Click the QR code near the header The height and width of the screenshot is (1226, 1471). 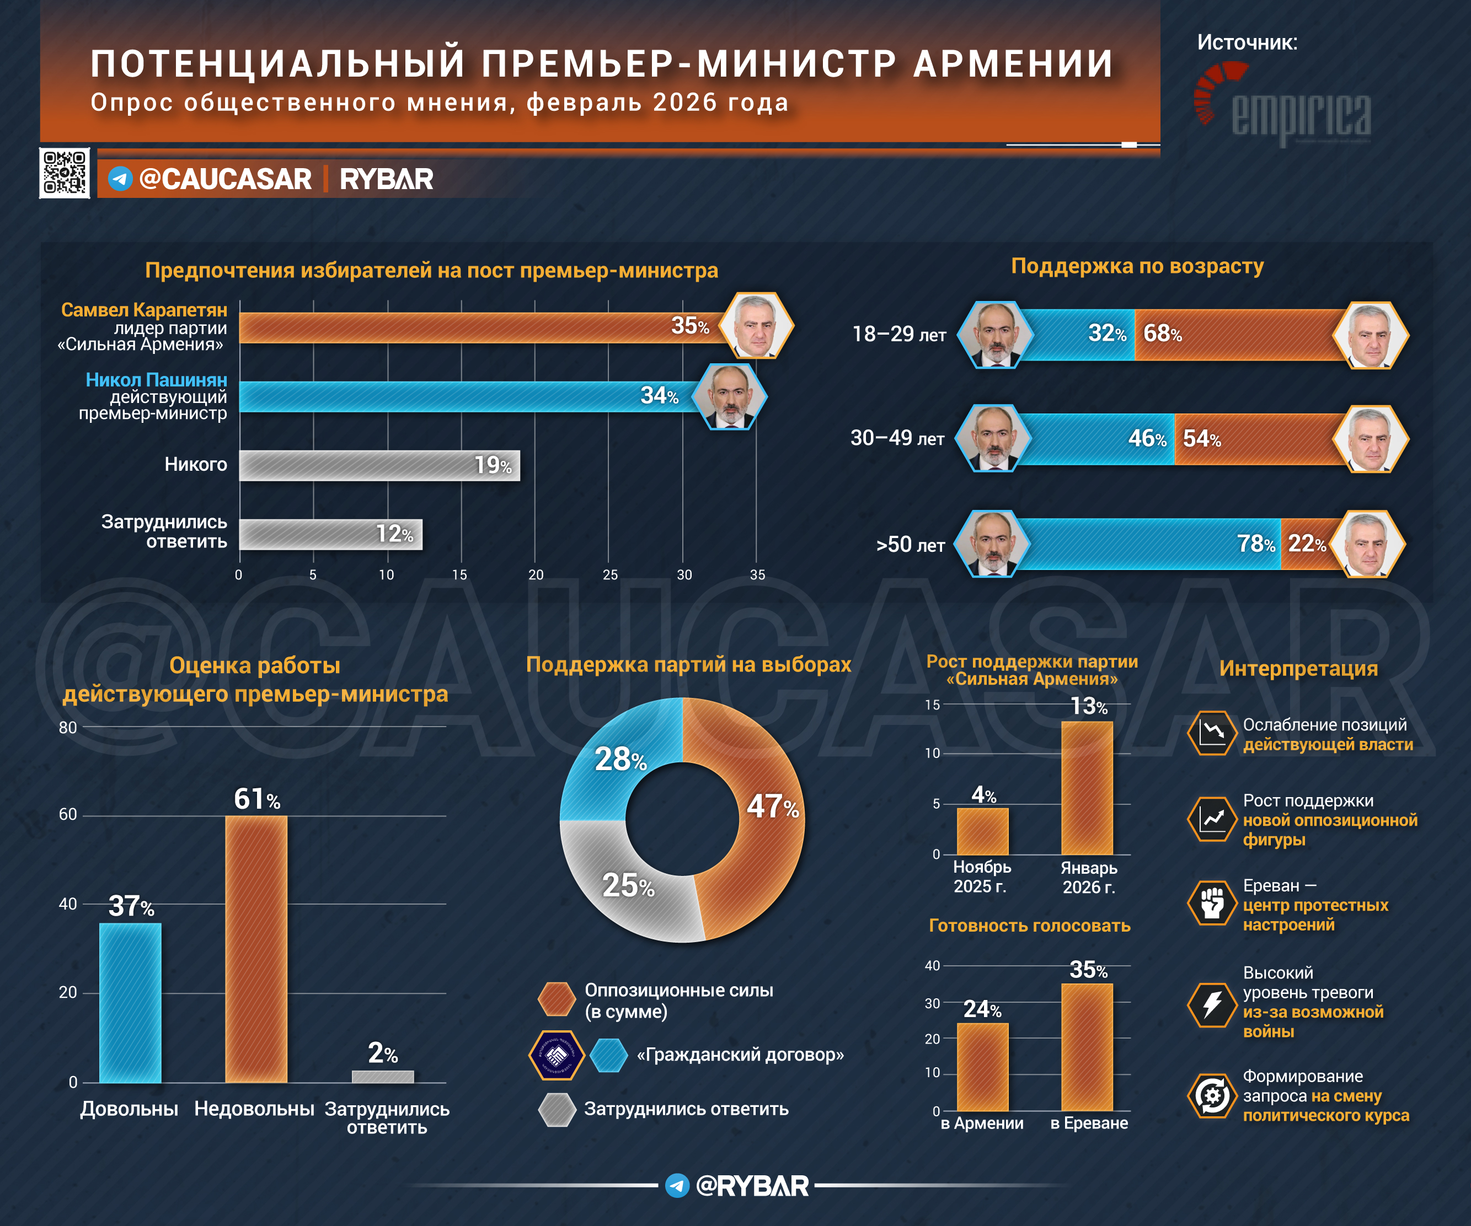point(65,173)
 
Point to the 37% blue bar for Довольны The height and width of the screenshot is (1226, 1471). point(130,1003)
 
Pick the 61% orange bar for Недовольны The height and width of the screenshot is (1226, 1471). point(256,949)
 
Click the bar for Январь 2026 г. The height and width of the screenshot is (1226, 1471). point(1087,788)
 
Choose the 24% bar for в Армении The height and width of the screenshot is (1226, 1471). point(983,1066)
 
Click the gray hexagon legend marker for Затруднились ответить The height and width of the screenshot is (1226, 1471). point(557,1110)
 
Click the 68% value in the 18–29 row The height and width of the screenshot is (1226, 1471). point(1162,334)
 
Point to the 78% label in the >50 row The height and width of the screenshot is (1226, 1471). point(1256,544)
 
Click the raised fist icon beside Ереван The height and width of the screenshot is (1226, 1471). point(1212,903)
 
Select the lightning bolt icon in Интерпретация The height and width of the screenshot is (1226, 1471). point(1212,1004)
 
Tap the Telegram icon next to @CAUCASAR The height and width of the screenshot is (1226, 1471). point(120,179)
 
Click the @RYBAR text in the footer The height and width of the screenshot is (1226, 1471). point(752,1185)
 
